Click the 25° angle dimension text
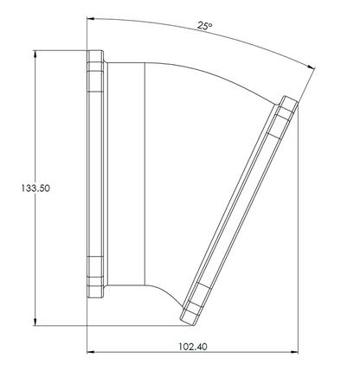tap(204, 26)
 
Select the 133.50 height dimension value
tap(35, 188)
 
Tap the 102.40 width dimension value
tap(193, 347)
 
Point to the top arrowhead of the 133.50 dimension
tap(35, 54)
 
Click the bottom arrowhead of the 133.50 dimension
tap(35, 323)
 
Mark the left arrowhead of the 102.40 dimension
tap(91, 352)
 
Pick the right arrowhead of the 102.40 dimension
tap(294, 352)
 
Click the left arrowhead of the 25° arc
tap(91, 18)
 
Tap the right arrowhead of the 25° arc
tap(311, 67)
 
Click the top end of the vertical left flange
tap(95, 51)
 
